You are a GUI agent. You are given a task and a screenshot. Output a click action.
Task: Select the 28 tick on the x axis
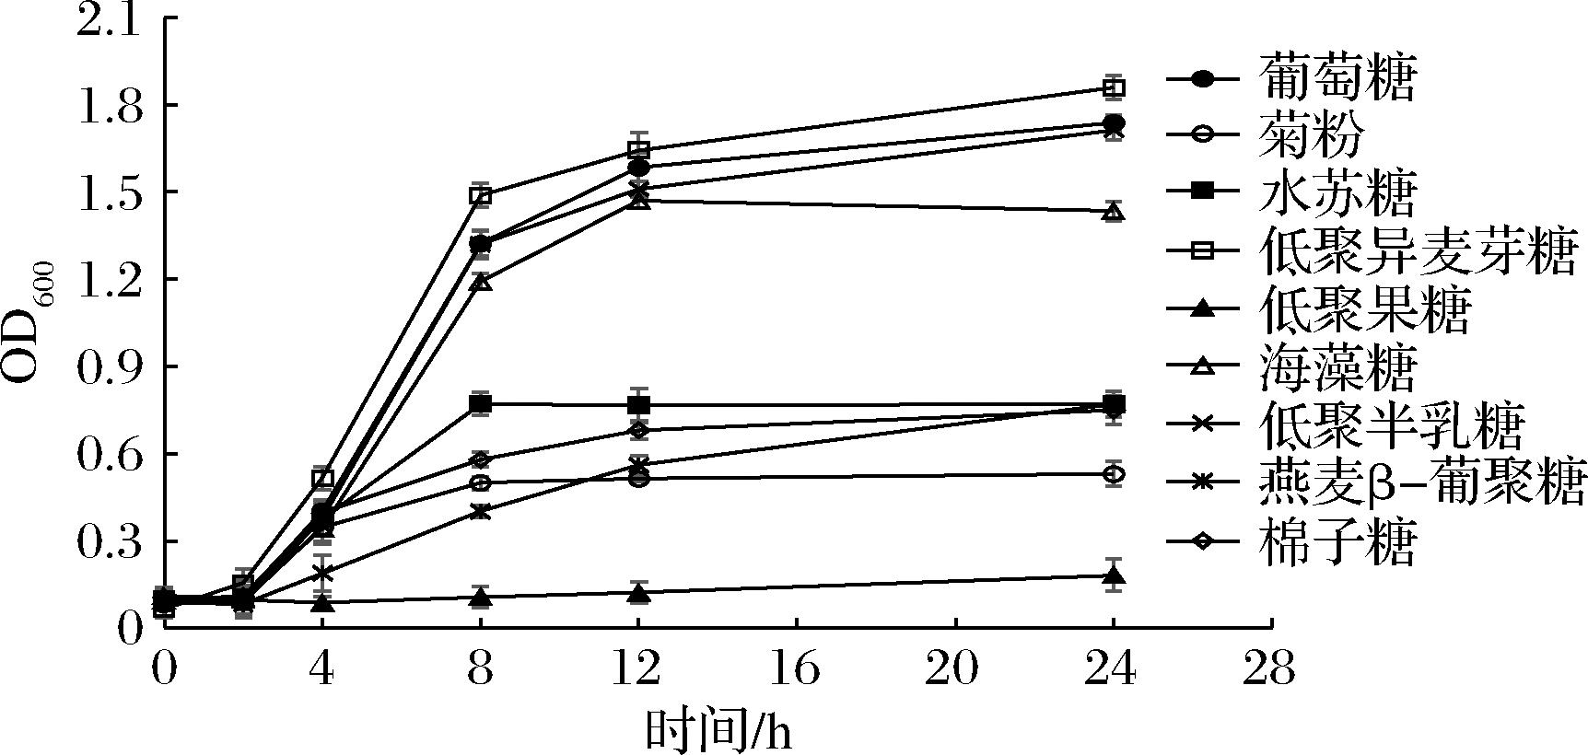tap(1271, 670)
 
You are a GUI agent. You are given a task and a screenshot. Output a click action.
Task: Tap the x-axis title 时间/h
tap(718, 732)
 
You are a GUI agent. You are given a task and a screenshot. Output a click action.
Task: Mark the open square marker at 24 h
tap(1113, 87)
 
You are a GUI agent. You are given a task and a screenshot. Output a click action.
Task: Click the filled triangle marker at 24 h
tap(1113, 577)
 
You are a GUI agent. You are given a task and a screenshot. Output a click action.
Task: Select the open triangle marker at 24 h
tap(1113, 213)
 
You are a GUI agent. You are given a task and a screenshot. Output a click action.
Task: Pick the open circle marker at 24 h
tap(1113, 474)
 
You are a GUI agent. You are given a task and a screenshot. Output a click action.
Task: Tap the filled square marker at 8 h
tap(480, 403)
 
